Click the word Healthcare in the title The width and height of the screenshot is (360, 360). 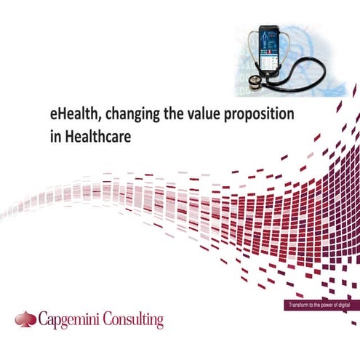tap(93, 136)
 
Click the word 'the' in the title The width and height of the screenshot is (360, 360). tap(171, 116)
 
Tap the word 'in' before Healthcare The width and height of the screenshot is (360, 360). tap(49, 136)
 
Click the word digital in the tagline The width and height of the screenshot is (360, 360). tap(343, 304)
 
